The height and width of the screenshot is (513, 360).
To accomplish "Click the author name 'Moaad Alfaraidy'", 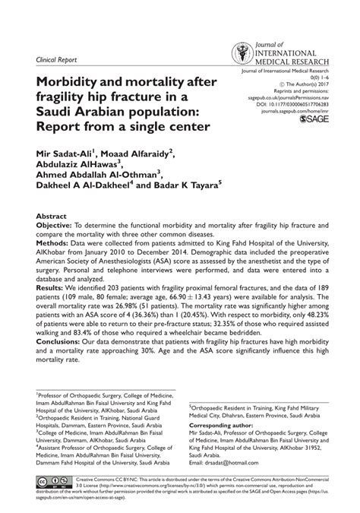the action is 137,152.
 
